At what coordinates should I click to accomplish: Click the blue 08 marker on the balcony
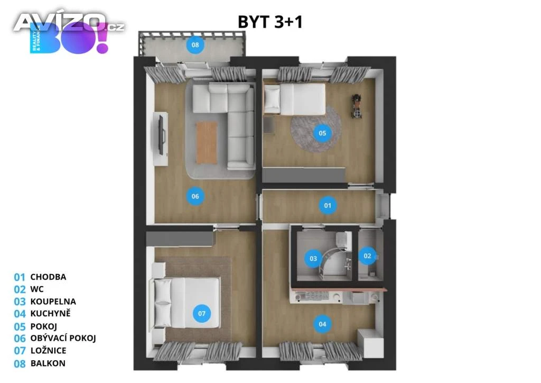(x=195, y=45)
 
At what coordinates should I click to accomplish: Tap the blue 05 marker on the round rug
(x=322, y=133)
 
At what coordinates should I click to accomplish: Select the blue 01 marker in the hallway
(x=328, y=205)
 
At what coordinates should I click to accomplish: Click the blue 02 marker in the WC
(x=367, y=256)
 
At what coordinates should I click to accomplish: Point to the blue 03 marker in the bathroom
(x=313, y=258)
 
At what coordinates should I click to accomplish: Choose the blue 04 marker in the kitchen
(x=322, y=324)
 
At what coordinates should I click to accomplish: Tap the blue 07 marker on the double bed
(x=202, y=314)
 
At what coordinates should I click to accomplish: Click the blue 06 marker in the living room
(x=195, y=196)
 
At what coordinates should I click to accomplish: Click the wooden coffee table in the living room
(x=207, y=143)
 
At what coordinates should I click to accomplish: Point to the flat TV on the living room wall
(x=161, y=135)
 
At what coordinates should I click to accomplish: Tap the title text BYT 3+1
(x=270, y=22)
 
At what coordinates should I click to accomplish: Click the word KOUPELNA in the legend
(x=53, y=302)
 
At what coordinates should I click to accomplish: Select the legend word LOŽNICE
(x=48, y=351)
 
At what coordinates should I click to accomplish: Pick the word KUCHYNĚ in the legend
(x=50, y=314)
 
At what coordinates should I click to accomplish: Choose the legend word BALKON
(x=48, y=363)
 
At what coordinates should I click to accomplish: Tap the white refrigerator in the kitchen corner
(x=370, y=343)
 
